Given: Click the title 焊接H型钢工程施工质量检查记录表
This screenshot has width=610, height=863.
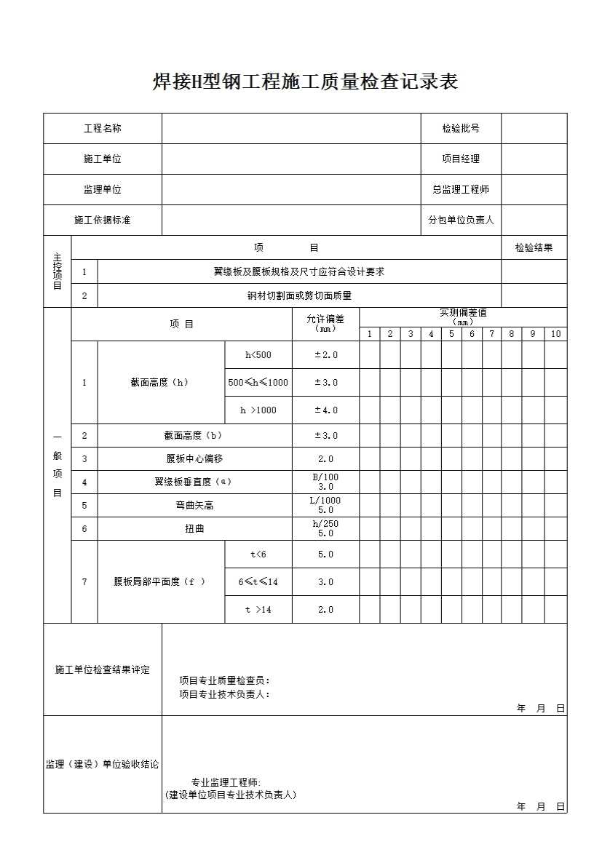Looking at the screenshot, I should [x=305, y=82].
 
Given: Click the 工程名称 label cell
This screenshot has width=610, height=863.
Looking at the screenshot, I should [x=103, y=129].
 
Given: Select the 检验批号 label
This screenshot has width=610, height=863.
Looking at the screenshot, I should [x=461, y=129].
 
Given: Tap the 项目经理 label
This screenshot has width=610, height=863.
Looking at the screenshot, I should [x=461, y=159].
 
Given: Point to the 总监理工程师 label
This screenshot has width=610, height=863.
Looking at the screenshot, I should [x=461, y=190].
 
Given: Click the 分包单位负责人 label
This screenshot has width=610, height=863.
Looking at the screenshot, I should [x=461, y=220].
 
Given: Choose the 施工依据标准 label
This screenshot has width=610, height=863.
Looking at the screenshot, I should [x=103, y=220].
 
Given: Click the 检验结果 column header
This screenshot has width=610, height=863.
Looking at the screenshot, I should [x=534, y=247].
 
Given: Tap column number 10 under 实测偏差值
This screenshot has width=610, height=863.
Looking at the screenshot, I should [x=555, y=334].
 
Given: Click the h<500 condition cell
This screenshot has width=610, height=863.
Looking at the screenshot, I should [x=258, y=355].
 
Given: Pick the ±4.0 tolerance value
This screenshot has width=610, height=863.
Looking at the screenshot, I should [x=325, y=410].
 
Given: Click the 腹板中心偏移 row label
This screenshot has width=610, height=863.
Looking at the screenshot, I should [x=194, y=459].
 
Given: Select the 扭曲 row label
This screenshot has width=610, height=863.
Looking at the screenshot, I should [x=194, y=529].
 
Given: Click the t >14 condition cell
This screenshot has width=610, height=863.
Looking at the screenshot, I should [x=258, y=610].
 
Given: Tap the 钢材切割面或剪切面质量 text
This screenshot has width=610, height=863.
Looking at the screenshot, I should [x=298, y=296].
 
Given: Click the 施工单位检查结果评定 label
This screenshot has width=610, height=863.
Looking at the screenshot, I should [x=103, y=669].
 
